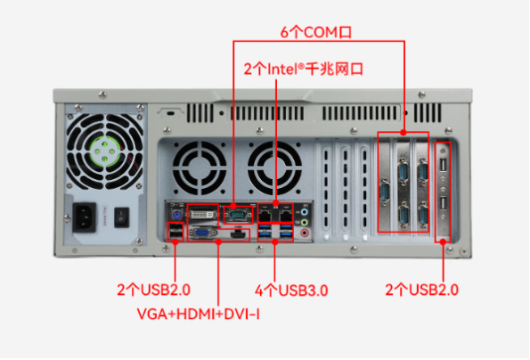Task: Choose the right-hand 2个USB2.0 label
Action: [423, 290]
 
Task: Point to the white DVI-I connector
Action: [203, 214]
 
